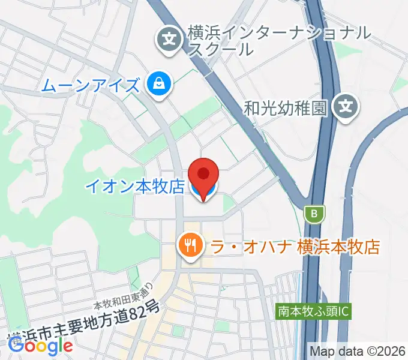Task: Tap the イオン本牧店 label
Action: coord(134,187)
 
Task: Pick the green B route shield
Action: coord(314,213)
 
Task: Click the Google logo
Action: coord(40,345)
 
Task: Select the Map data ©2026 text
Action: coord(358,351)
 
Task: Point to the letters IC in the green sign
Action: coord(343,311)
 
